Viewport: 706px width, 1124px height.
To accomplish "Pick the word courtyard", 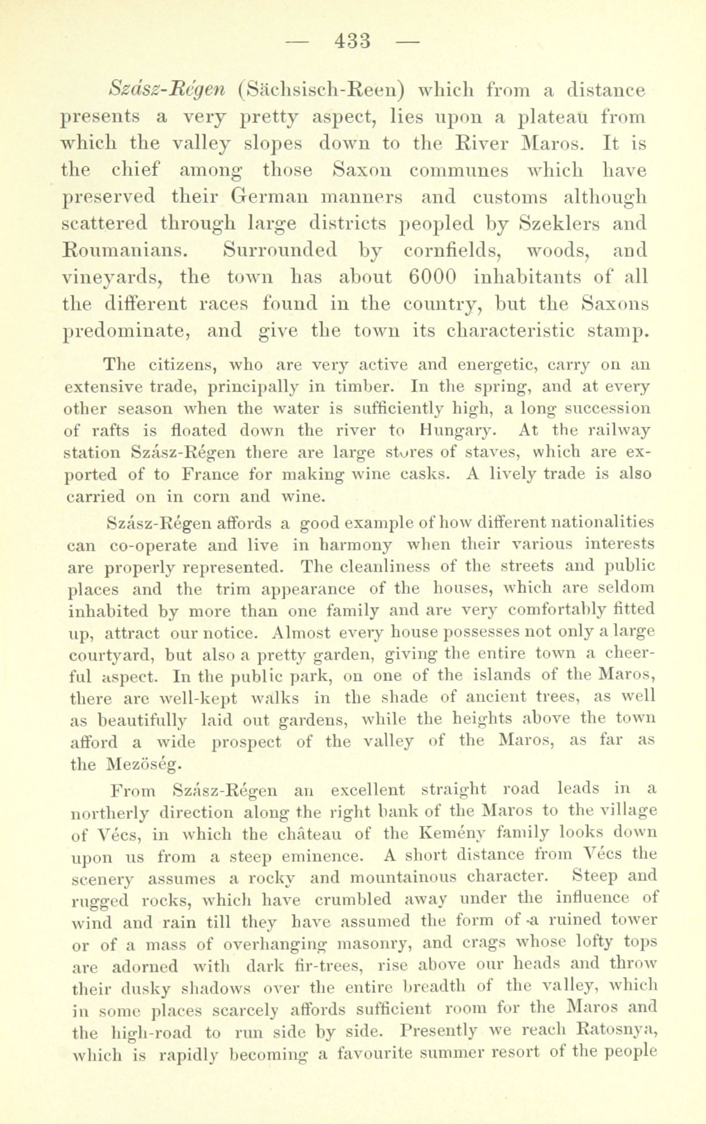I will point(104,655).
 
